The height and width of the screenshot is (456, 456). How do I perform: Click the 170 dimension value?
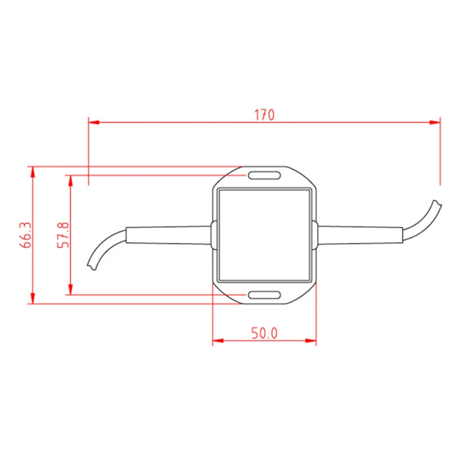tap(264, 115)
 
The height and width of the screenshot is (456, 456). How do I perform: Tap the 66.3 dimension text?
tap(25, 235)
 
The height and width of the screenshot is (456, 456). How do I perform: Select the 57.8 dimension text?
tap(64, 235)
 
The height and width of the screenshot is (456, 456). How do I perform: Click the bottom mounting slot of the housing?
tap(264, 295)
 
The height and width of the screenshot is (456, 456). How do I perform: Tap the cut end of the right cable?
tap(437, 203)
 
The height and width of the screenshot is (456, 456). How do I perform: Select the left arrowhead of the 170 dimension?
tap(93, 121)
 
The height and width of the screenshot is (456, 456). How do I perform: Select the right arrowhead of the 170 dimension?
tap(435, 121)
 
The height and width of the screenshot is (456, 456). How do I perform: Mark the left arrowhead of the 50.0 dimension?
tap(218, 341)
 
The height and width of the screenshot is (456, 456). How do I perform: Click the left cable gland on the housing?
tap(214, 235)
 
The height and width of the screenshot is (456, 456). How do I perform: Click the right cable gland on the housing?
tap(315, 235)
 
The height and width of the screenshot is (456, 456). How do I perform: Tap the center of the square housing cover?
tap(264, 235)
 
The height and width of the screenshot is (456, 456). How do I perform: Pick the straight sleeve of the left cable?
tap(168, 235)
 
